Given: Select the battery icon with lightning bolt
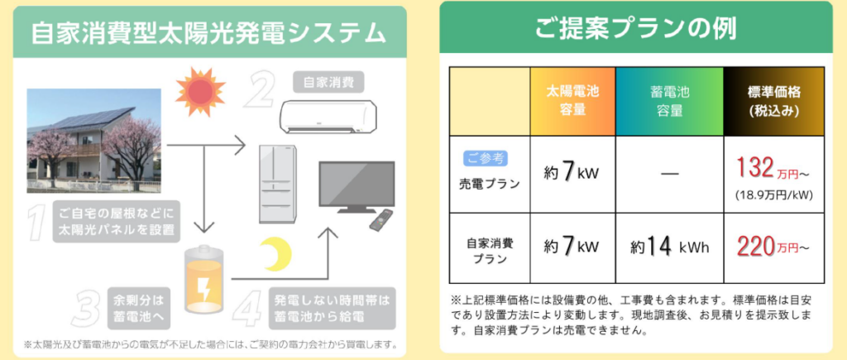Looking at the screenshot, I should [x=203, y=281].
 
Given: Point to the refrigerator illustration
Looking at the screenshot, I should [x=277, y=184].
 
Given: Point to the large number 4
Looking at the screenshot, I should [x=248, y=307].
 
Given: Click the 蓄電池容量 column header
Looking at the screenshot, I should [x=668, y=100].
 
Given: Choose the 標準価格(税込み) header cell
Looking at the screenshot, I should [x=773, y=100].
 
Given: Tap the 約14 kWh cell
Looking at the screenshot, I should [x=668, y=247].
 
